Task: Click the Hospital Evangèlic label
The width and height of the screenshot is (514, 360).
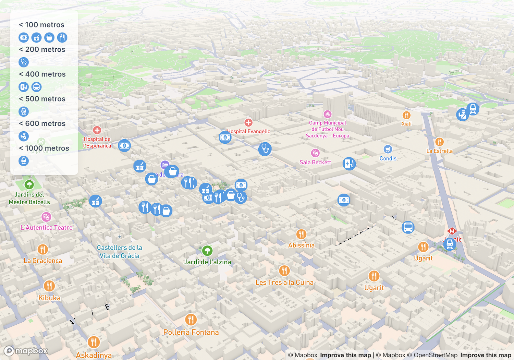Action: (x=249, y=131)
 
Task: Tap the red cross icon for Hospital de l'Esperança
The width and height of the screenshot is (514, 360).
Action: (x=97, y=130)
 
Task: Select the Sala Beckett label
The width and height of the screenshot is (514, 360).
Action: (x=315, y=162)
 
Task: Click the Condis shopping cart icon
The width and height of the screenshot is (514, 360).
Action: (x=388, y=149)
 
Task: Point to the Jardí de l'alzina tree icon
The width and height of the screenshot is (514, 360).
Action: (x=207, y=251)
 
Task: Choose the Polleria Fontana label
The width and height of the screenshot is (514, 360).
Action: (x=191, y=332)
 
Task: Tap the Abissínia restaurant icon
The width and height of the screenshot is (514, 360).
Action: (x=301, y=234)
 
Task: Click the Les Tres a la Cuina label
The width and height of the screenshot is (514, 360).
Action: (x=284, y=282)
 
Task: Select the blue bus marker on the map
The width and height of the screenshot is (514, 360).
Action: (x=408, y=227)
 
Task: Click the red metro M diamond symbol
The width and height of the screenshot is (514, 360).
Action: (x=452, y=231)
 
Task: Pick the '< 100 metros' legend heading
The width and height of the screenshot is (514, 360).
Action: (x=41, y=25)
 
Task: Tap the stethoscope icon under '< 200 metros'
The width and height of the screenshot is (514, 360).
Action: (x=24, y=62)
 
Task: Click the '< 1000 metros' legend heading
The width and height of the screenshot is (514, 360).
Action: (x=44, y=148)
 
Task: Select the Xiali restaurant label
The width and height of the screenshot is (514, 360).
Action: (x=406, y=124)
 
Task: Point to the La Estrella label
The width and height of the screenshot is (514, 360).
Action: (x=439, y=151)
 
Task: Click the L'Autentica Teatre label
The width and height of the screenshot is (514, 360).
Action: (x=47, y=227)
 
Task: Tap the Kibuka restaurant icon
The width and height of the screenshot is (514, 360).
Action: (x=49, y=286)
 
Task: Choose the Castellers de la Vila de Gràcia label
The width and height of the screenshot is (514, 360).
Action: (x=119, y=252)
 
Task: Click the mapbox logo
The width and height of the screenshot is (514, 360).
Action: (x=26, y=351)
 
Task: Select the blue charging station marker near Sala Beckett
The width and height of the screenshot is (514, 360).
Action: (x=349, y=164)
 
